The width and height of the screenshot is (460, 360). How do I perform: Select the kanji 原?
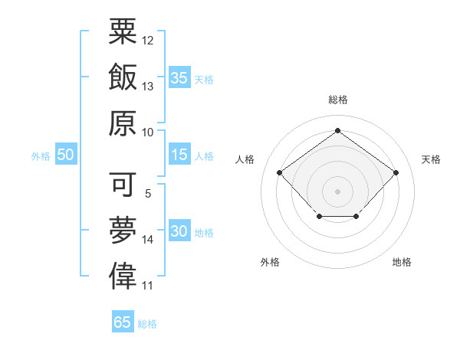tap(123, 123)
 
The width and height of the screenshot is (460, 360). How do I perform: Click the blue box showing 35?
tap(179, 77)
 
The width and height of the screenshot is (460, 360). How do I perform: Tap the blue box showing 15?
tap(179, 155)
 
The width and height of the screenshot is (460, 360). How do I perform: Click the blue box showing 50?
tap(65, 155)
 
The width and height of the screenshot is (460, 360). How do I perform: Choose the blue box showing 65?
tap(123, 322)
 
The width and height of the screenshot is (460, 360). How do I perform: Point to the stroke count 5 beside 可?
tap(148, 195)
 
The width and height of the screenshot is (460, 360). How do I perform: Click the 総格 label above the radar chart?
tap(337, 100)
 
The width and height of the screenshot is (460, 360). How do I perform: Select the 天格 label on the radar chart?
tap(431, 159)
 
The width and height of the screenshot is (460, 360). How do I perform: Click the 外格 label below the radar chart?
tap(270, 262)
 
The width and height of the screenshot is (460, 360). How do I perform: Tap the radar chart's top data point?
tap(337, 130)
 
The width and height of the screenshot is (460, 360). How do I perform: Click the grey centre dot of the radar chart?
tap(337, 190)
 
